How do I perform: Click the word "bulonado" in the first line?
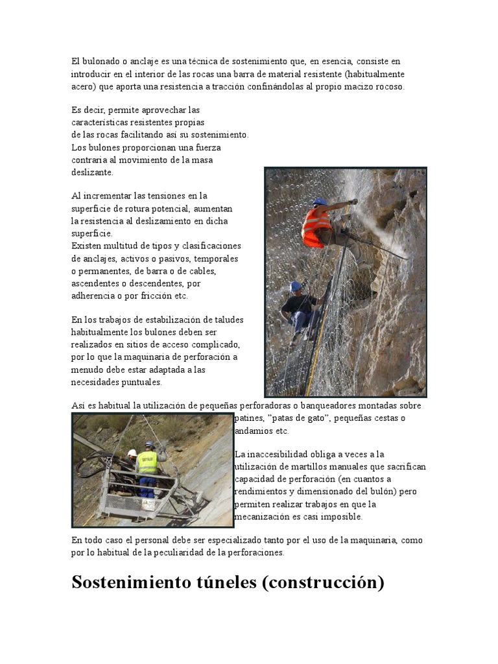(97, 62)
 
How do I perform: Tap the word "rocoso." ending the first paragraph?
(386, 86)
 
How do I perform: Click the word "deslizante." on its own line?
(92, 172)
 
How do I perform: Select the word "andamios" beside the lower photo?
(252, 431)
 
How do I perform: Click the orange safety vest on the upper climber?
(315, 226)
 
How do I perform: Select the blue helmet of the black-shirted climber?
(296, 286)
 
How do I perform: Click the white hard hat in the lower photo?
(132, 453)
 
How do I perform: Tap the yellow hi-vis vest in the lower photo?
(148, 462)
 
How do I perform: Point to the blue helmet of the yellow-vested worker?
(149, 445)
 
